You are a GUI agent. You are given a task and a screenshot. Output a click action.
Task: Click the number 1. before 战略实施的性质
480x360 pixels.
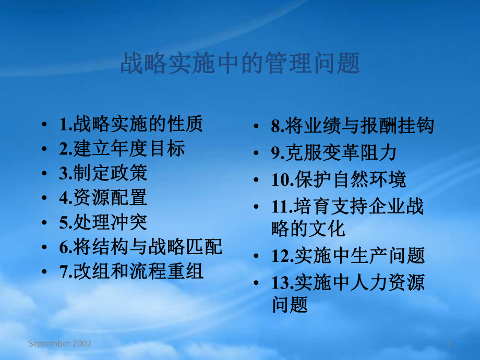(x=66, y=125)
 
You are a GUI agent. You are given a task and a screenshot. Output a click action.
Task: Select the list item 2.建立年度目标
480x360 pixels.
(x=122, y=149)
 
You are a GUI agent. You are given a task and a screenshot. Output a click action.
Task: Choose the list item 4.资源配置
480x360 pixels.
(x=103, y=198)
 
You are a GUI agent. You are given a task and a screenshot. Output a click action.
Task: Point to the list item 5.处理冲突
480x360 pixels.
(x=103, y=222)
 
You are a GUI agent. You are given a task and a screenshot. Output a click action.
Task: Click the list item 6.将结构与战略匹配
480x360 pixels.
(x=141, y=247)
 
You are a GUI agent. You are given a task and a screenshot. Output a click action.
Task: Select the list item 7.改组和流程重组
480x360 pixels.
(x=131, y=271)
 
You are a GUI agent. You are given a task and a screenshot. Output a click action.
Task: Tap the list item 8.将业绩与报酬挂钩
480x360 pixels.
(x=353, y=126)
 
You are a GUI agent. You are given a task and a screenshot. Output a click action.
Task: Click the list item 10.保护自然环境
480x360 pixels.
(x=339, y=180)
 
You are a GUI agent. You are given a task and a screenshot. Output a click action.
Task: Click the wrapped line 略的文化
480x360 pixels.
(x=308, y=229)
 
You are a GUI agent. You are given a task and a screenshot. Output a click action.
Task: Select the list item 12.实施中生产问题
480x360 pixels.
(x=348, y=256)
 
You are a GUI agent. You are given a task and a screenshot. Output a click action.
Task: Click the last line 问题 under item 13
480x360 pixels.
(x=290, y=305)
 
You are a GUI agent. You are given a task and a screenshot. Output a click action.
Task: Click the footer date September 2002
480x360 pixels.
(x=60, y=343)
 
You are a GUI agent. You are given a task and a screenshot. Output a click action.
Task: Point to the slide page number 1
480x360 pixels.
(x=449, y=343)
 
